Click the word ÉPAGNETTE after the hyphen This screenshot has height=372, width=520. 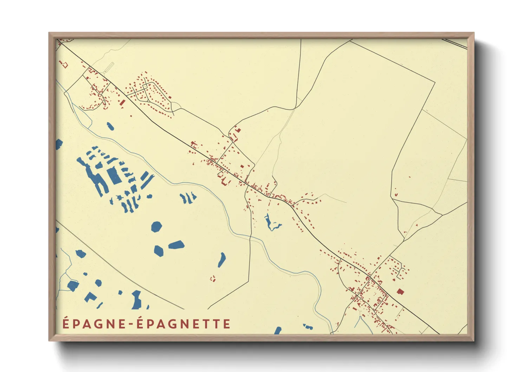click(x=183, y=324)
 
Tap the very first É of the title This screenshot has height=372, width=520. click(x=66, y=323)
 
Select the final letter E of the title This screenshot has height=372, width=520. click(x=227, y=324)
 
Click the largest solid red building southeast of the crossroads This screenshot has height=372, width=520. click(x=400, y=291)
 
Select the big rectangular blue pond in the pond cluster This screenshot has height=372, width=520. click(x=114, y=176)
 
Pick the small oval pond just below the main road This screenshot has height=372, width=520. click(x=110, y=126)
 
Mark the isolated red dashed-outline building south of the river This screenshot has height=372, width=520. click(x=213, y=279)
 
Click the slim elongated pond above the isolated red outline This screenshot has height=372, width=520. click(x=222, y=259)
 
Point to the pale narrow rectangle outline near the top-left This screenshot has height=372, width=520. click(x=110, y=67)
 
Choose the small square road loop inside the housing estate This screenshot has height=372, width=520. click(x=144, y=86)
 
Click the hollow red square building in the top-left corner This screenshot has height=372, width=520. click(x=65, y=65)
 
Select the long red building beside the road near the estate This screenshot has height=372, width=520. click(x=122, y=103)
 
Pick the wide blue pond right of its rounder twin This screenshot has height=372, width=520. click(x=176, y=245)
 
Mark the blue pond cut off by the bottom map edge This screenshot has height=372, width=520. click(x=278, y=331)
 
